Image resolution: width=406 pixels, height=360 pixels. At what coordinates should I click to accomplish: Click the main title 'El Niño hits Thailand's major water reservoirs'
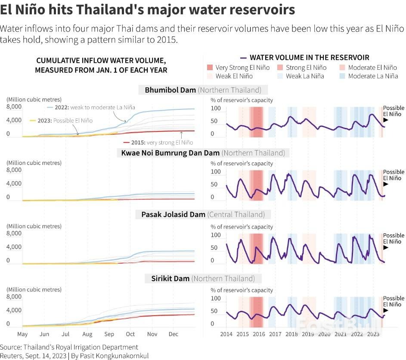coord(148,10)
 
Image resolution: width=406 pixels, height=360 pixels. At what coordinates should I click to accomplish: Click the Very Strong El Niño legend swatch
coord(210,68)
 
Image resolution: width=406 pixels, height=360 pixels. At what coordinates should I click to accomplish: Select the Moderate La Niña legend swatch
coord(343,76)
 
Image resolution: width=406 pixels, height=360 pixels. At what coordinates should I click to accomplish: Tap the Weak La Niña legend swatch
coord(281,76)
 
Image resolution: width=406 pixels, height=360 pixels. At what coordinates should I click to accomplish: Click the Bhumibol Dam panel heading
coord(203,90)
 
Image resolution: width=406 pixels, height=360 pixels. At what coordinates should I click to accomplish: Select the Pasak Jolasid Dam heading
coord(200,214)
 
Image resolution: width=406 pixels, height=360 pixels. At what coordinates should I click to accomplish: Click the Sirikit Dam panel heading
coord(203,279)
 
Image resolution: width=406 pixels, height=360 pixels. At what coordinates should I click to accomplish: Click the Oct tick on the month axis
coord(130,334)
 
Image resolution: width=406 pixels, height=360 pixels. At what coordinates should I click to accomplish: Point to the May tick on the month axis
coord(22,334)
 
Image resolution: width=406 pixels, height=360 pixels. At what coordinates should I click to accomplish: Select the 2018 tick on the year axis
coord(291,334)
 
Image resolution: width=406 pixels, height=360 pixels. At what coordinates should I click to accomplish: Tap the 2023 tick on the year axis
coord(373,334)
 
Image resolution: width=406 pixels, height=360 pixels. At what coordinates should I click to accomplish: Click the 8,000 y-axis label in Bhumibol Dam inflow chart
coord(14,107)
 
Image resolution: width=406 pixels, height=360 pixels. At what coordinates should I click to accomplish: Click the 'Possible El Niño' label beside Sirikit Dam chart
coord(394,301)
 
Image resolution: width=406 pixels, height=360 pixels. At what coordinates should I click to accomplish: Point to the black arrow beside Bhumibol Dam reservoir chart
coord(386,121)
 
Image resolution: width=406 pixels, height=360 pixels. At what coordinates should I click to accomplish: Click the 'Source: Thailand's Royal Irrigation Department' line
coord(69,347)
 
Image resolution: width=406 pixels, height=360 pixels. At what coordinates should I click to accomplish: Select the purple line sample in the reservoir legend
coord(244,58)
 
